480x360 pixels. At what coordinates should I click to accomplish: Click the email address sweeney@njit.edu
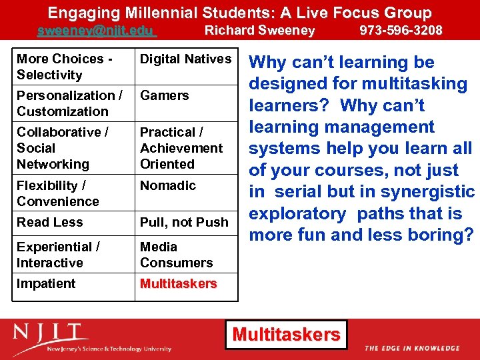pyautogui.click(x=96, y=31)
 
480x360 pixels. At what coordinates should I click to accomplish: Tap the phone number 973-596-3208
pyautogui.click(x=401, y=30)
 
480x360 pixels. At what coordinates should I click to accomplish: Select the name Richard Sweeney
pyautogui.click(x=259, y=30)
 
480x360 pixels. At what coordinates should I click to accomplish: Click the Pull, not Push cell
pyautogui.click(x=184, y=222)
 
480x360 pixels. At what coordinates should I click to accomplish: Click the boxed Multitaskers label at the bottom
pyautogui.click(x=286, y=334)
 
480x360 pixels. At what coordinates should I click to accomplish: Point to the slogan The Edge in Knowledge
pyautogui.click(x=412, y=348)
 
